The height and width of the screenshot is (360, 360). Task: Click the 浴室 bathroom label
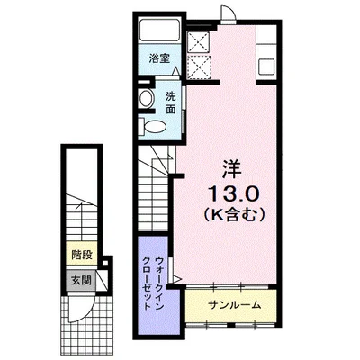tap(159, 58)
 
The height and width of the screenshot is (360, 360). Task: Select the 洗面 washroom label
tap(171, 103)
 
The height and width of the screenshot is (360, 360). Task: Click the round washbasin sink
tap(147, 98)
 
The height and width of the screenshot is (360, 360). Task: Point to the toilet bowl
tap(152, 126)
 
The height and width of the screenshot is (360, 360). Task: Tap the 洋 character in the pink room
tap(231, 169)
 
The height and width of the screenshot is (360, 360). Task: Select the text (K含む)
tap(235, 214)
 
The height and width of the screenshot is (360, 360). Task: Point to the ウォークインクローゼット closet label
tap(154, 283)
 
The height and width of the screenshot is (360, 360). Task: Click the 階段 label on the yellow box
tap(82, 256)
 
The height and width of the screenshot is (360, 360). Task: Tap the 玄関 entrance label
tap(81, 281)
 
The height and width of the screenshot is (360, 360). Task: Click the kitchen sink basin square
tap(266, 67)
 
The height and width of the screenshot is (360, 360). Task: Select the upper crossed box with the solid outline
tap(198, 42)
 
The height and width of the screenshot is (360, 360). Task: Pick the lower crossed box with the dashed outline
tap(198, 67)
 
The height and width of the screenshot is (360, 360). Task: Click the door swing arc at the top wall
tap(229, 13)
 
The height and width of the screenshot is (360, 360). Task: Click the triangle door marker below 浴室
tap(176, 71)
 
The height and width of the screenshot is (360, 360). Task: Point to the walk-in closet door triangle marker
tap(177, 280)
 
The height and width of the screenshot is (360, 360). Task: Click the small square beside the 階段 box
tap(105, 263)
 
